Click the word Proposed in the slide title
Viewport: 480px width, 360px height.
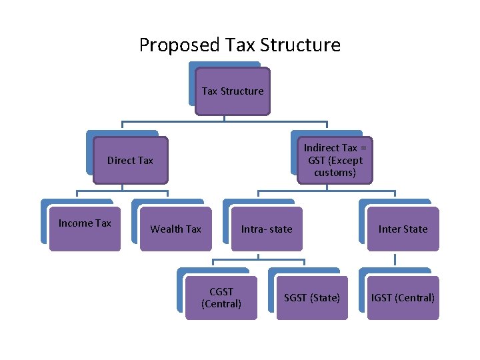point(169,45)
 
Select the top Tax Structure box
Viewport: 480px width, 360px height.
point(233,91)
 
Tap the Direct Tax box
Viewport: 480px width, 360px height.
point(130,160)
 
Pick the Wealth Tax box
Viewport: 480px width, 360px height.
point(175,229)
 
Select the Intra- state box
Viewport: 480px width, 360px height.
point(267,229)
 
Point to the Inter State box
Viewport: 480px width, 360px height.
point(403,229)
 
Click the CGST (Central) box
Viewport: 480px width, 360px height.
point(221,298)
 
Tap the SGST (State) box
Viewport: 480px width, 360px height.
point(312,298)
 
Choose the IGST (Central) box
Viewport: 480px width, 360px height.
point(403,298)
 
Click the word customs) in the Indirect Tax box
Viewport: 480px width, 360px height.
point(335,173)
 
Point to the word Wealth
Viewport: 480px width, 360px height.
point(167,229)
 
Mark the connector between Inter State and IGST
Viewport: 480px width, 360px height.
point(395,260)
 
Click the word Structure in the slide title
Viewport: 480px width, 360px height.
point(301,45)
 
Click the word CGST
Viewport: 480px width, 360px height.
point(221,292)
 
